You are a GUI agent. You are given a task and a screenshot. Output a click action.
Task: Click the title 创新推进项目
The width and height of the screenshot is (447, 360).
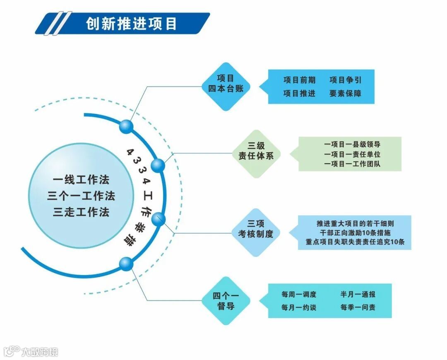click(x=131, y=24)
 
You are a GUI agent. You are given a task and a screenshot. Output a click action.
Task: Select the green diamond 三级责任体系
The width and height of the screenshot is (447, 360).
click(x=256, y=154)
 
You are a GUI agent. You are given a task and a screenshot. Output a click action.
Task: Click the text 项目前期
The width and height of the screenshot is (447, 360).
click(x=299, y=80)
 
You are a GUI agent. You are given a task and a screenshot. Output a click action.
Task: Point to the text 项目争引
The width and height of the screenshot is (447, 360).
click(x=346, y=80)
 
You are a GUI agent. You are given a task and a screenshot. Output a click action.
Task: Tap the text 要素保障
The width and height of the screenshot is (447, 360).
click(x=346, y=94)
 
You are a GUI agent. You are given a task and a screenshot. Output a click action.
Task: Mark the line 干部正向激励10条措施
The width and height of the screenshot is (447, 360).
click(x=355, y=233)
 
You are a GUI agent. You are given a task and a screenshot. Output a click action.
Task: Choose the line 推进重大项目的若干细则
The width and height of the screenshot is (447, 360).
click(x=355, y=223)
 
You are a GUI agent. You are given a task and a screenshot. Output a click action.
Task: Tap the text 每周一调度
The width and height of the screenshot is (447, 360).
click(x=299, y=295)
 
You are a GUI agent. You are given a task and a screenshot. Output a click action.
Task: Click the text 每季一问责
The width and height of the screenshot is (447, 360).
click(x=358, y=307)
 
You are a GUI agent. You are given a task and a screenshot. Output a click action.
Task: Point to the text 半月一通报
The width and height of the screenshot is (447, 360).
click(x=358, y=295)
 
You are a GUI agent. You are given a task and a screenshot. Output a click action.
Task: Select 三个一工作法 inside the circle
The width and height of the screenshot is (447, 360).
click(x=81, y=196)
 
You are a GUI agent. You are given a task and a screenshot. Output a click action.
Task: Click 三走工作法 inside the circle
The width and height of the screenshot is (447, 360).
click(x=81, y=212)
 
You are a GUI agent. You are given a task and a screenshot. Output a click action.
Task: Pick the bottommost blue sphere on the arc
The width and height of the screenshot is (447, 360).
click(x=126, y=263)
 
